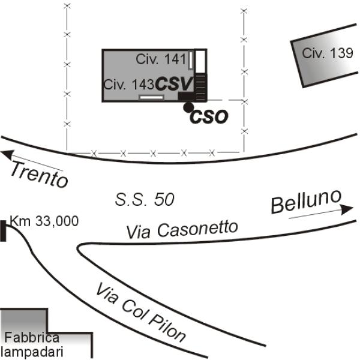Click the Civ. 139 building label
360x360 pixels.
tap(327, 53)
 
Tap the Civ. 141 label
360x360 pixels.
tap(161, 59)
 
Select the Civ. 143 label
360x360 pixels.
tap(129, 85)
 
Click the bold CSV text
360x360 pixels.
tap(174, 84)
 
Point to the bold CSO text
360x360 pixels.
tap(209, 117)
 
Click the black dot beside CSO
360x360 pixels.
tap(188, 107)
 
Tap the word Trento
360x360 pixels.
tap(40, 175)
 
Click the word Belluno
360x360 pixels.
tap(306, 202)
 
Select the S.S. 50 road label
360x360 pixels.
tap(145, 200)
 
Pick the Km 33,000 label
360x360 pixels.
tap(44, 221)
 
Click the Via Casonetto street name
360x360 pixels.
tap(182, 229)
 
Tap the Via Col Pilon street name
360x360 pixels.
tap(140, 313)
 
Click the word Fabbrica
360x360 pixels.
tap(32, 337)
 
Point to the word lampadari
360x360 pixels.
tap(32, 352)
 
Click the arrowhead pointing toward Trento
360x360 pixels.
tap(6, 155)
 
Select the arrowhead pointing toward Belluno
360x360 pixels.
tap(347, 209)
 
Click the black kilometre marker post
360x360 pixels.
tap(3, 231)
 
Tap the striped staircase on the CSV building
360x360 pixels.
tap(200, 87)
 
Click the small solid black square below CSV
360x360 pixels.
tap(186, 96)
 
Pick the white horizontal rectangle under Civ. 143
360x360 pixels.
tap(152, 97)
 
